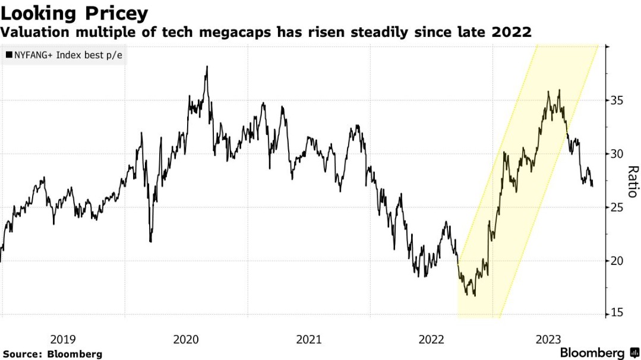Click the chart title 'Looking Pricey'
point(74,13)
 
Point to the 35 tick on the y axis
point(615,100)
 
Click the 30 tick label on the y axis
point(615,154)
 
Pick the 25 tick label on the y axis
point(615,207)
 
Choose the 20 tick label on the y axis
point(615,260)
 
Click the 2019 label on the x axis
point(62,339)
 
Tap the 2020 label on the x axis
point(185,339)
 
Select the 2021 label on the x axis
point(308,339)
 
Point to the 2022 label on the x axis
point(431,339)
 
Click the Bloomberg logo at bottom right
point(599,353)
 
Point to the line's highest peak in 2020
point(207,67)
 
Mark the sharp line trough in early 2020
point(150,241)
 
